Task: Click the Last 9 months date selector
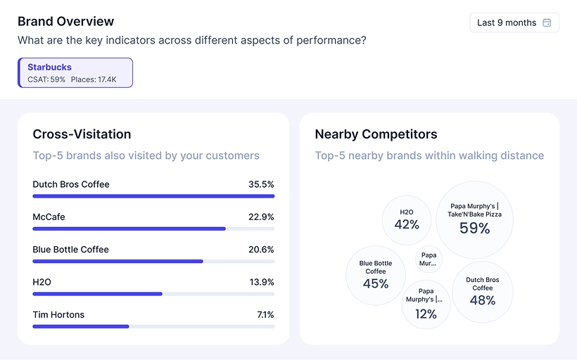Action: (514, 22)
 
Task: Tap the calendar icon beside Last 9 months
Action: (547, 22)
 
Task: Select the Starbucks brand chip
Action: (75, 72)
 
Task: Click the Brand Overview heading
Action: (65, 21)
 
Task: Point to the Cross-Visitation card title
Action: (82, 134)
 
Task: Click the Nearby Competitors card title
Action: (376, 134)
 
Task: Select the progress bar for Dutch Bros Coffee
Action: (153, 196)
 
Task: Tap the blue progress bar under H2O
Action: (98, 293)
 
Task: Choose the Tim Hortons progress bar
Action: (81, 326)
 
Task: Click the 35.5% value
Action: (261, 184)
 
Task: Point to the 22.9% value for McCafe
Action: (261, 217)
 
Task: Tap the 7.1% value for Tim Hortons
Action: (265, 314)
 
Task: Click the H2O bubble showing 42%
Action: (407, 220)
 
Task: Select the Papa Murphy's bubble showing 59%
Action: (474, 219)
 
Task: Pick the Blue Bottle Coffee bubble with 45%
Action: (376, 275)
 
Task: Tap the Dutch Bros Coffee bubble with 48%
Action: (483, 292)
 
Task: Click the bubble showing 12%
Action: (426, 304)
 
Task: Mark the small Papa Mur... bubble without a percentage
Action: (428, 259)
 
